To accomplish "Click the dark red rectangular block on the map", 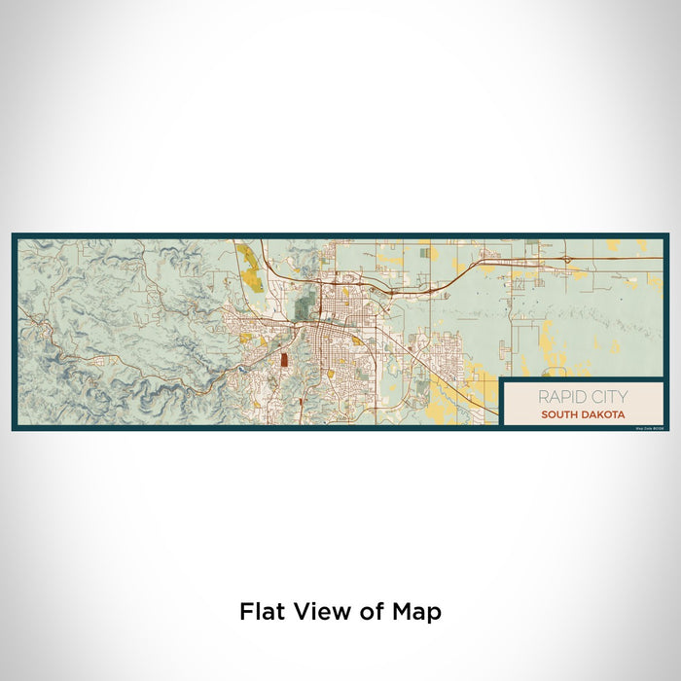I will [x=284, y=360].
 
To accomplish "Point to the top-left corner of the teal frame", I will [x=14, y=234].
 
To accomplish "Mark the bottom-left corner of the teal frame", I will [x=14, y=429].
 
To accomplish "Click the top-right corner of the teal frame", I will [x=667, y=234].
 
